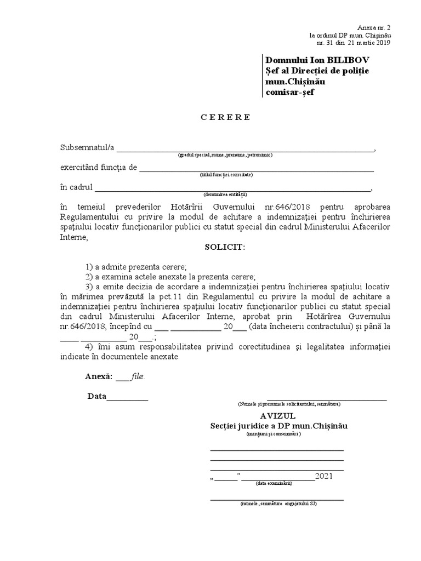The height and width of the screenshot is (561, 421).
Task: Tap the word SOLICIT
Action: (225, 247)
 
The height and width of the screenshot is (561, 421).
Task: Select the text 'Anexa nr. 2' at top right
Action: (374, 27)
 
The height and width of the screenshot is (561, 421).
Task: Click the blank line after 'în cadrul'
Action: (233, 190)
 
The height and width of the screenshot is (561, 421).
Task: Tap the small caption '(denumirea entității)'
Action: (225, 194)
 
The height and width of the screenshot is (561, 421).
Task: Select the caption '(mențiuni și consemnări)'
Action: (274, 433)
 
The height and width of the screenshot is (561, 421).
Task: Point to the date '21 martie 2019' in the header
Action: (368, 43)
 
